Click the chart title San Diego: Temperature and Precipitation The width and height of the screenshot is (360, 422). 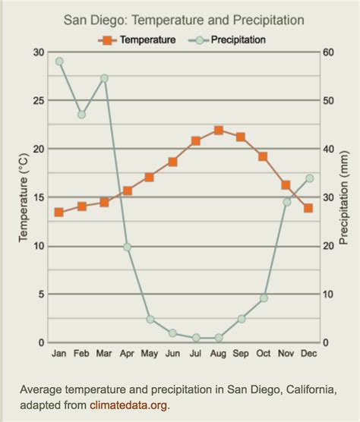185,19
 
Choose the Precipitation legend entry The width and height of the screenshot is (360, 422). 232,39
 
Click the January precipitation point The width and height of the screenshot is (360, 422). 59,61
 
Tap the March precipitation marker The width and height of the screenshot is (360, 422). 104,78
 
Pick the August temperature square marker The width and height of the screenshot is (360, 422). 219,131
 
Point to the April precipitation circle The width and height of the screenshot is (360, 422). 127,247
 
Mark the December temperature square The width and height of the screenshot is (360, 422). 308,208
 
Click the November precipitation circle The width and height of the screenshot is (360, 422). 286,202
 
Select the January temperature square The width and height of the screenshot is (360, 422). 59,213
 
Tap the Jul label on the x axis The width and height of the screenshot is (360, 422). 195,354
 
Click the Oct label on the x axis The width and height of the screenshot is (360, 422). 264,354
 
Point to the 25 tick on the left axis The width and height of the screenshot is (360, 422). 39,100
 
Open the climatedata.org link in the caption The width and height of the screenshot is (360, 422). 128,405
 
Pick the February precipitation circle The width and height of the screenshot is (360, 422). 82,115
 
